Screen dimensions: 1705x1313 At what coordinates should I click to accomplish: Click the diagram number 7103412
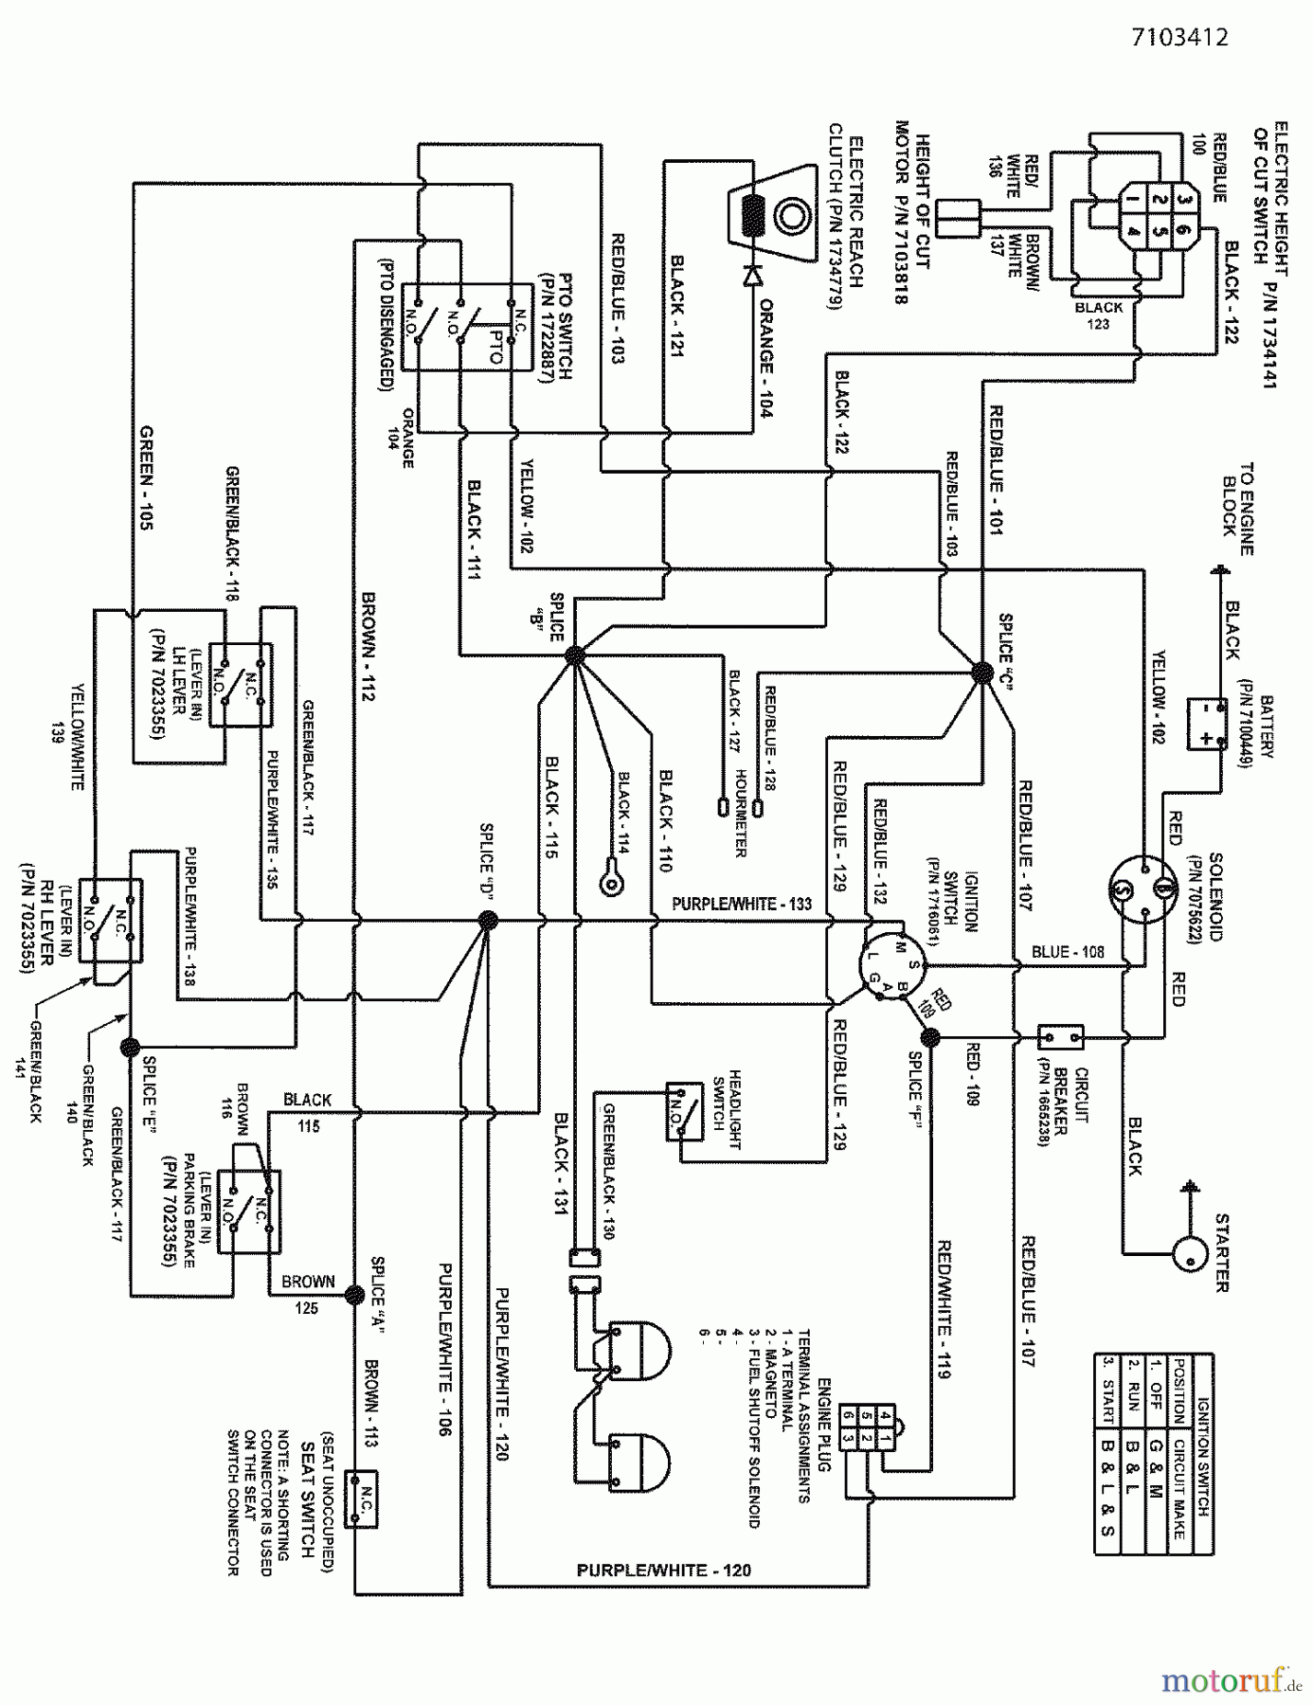(x=1179, y=38)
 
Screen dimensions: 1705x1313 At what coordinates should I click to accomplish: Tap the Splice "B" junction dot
(x=576, y=654)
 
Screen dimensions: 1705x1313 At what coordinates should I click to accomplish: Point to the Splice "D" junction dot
(x=487, y=920)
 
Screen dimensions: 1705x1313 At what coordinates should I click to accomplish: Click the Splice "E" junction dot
(x=130, y=1047)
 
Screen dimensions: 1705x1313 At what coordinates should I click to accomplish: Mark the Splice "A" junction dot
(x=354, y=1295)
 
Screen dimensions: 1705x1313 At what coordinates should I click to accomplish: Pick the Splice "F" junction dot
(x=930, y=1037)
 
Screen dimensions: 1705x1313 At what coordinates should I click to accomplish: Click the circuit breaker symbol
(x=1061, y=1037)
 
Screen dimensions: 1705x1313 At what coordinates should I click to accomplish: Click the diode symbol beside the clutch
(x=754, y=276)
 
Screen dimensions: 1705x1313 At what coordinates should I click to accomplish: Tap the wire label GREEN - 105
(x=146, y=477)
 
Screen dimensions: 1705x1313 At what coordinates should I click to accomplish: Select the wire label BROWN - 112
(x=368, y=646)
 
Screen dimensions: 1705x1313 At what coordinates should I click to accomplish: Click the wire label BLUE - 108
(x=1068, y=952)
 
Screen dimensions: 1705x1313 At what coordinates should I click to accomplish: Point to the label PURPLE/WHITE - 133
(x=741, y=905)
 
